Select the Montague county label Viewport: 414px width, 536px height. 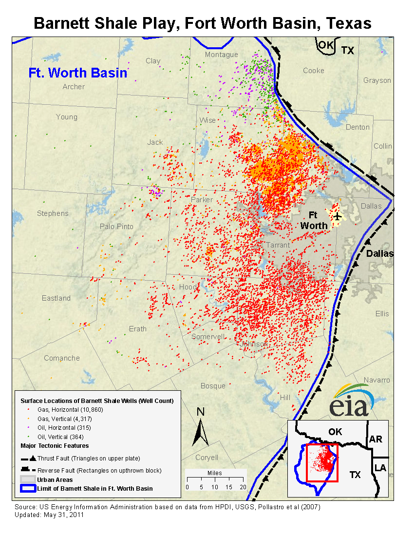[221, 55]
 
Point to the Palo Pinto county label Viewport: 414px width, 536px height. [116, 227]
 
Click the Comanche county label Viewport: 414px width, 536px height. [62, 358]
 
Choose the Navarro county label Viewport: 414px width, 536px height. [377, 380]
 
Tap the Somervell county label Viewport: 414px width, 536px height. [208, 337]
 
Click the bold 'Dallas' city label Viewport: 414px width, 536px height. [379, 253]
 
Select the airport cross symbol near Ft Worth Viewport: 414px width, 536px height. [337, 216]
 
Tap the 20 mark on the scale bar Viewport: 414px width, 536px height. [243, 487]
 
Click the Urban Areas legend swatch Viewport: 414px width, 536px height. [28, 480]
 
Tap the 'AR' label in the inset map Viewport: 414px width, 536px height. [376, 439]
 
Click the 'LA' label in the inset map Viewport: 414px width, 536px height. [380, 468]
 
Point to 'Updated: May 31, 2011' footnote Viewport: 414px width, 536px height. [50, 515]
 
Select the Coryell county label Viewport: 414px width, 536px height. [207, 458]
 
